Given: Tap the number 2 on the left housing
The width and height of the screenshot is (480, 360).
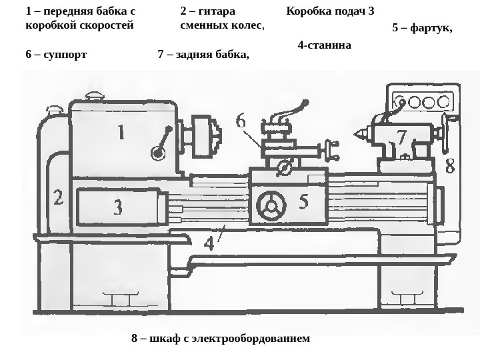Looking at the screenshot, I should pos(58,197).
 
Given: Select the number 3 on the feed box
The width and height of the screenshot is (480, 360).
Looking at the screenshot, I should pos(117,208).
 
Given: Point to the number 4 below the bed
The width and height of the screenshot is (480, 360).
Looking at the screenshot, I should pos(209,242).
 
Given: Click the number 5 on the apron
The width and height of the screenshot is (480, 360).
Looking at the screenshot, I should pos(303,201).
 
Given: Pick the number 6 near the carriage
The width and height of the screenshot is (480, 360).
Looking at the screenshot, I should pos(241,122).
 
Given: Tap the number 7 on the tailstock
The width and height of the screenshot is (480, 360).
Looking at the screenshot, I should pos(401,137).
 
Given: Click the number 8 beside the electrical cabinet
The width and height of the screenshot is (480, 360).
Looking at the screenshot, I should pos(450,165).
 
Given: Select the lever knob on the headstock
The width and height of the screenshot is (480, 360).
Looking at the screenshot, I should pos(157,153).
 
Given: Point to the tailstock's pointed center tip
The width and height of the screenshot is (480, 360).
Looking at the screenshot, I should pos(356,135).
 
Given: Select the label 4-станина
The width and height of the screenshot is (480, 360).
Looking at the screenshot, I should pos(324,45).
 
